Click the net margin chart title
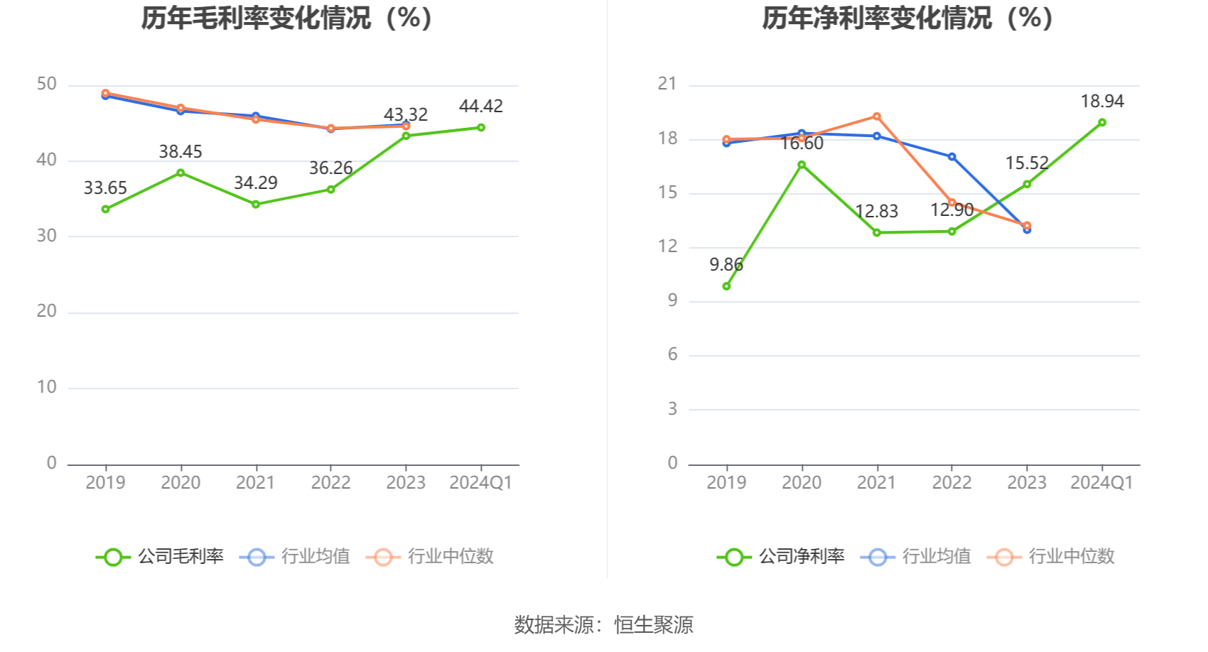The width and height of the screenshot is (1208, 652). (907, 18)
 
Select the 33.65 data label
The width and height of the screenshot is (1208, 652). (105, 188)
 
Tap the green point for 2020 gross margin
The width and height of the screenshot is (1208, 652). (180, 173)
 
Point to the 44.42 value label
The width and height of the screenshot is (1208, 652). (481, 107)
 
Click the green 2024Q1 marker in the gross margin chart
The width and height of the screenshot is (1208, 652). (481, 128)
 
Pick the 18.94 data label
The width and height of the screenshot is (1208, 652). (1102, 102)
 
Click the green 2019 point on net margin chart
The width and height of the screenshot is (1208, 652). (726, 286)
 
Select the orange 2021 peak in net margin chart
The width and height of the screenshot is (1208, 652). (877, 116)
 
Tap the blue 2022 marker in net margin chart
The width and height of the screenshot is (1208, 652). (952, 157)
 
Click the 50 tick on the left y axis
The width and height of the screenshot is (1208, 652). (47, 85)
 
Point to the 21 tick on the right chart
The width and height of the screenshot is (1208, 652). (667, 84)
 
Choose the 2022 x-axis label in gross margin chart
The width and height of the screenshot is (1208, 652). (330, 483)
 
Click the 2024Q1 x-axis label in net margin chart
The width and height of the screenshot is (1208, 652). (1101, 483)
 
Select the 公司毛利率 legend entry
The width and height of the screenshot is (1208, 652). (161, 557)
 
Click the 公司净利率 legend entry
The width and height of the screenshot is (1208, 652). (782, 557)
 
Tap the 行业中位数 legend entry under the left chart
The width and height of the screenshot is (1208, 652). (431, 557)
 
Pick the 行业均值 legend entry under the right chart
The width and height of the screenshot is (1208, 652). (917, 557)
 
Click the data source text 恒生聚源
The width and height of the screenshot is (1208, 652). (654, 625)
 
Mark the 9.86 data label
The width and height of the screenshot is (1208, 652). (726, 265)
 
